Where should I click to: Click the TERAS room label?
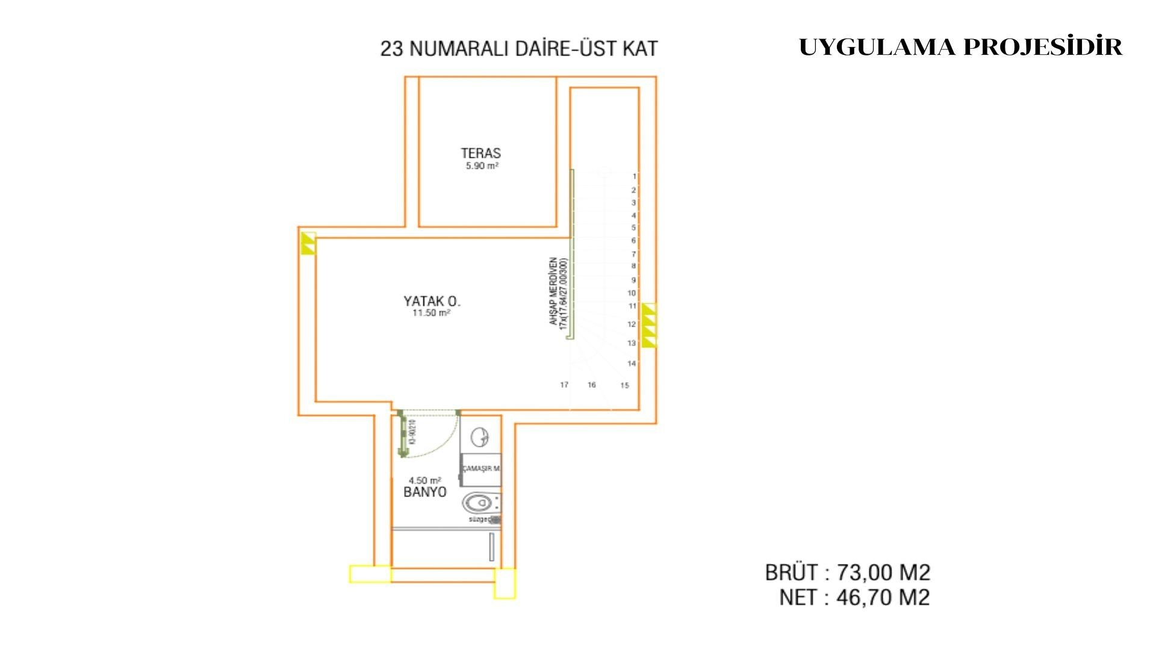(x=480, y=153)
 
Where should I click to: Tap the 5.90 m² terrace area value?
(x=482, y=166)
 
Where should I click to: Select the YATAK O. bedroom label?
(x=432, y=301)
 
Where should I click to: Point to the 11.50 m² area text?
(x=431, y=314)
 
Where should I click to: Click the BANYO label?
(x=425, y=492)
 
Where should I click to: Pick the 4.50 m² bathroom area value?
(x=424, y=480)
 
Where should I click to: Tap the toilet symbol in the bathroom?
(x=479, y=502)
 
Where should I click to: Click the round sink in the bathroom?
(x=480, y=437)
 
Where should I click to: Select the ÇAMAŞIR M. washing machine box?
(x=480, y=469)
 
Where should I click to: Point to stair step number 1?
(x=634, y=176)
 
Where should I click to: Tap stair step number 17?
(x=564, y=385)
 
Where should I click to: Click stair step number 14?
(x=632, y=364)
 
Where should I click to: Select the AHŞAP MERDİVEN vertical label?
(x=558, y=292)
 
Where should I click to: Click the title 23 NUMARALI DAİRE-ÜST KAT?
(x=519, y=49)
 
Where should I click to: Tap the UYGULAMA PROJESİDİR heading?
(x=960, y=47)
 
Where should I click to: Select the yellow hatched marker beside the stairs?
(x=648, y=326)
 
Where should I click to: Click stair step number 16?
(x=592, y=385)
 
